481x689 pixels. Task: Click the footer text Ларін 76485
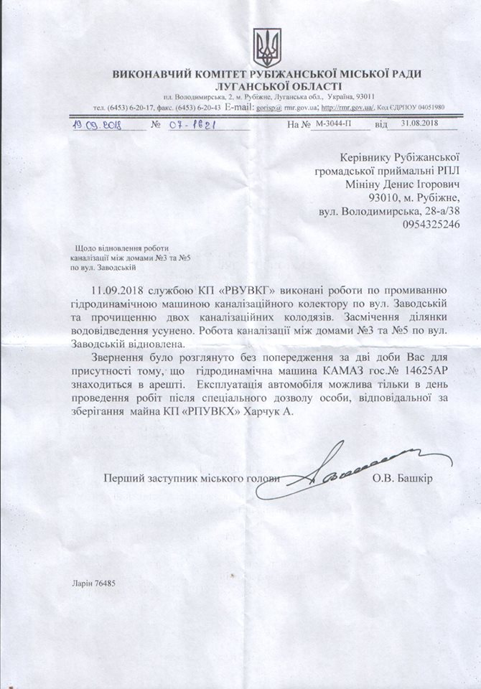click(x=93, y=583)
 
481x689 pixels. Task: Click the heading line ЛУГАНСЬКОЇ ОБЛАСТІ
click(x=266, y=86)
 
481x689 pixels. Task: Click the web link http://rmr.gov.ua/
click(x=347, y=107)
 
